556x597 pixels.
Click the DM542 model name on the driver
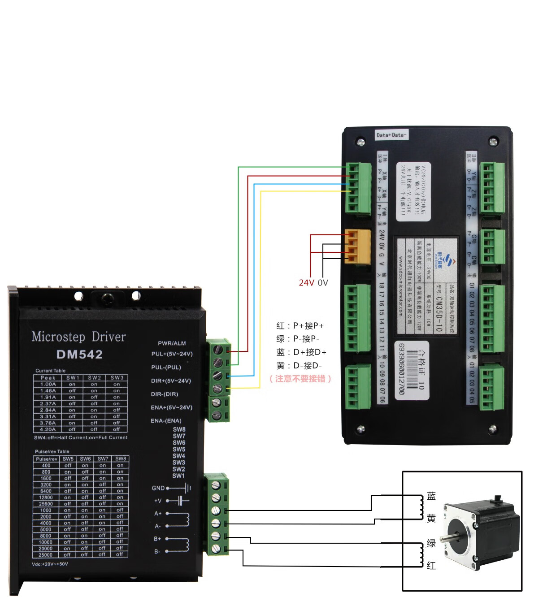pyautogui.click(x=79, y=355)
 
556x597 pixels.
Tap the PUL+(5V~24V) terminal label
pyautogui.click(x=172, y=354)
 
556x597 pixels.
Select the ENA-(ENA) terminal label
pyautogui.click(x=166, y=421)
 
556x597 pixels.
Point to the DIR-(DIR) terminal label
pyautogui.click(x=164, y=394)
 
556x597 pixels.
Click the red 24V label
pyautogui.click(x=306, y=283)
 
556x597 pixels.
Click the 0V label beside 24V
pyautogui.click(x=323, y=283)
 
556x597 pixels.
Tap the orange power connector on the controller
pyautogui.click(x=358, y=246)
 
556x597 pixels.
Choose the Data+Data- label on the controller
pyautogui.click(x=391, y=135)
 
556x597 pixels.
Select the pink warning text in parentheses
pyautogui.click(x=300, y=379)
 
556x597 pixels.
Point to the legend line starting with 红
pyautogui.click(x=300, y=326)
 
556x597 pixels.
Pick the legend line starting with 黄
pyautogui.click(x=299, y=366)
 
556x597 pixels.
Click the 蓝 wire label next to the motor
pyautogui.click(x=431, y=496)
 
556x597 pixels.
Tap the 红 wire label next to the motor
pyautogui.click(x=431, y=566)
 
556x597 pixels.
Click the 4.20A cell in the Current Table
pyautogui.click(x=48, y=429)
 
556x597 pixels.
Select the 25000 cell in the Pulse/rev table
pyautogui.click(x=46, y=555)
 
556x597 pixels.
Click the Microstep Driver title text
pyautogui.click(x=78, y=337)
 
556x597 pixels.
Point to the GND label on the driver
pyautogui.click(x=158, y=488)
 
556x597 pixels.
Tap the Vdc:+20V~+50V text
pyautogui.click(x=50, y=564)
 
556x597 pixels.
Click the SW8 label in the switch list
pyautogui.click(x=179, y=429)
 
